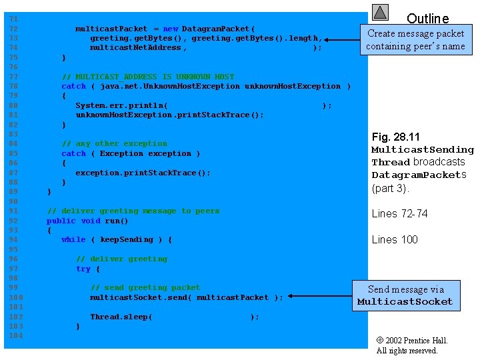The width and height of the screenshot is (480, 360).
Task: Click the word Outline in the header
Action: [427, 19]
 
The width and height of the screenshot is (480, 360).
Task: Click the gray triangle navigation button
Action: [381, 12]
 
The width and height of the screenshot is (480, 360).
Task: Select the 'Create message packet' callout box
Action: [416, 39]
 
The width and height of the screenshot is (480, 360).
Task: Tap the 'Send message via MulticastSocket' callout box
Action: [405, 295]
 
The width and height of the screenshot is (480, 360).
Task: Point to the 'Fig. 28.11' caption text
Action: [396, 137]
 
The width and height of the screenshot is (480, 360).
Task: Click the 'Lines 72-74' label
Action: [400, 213]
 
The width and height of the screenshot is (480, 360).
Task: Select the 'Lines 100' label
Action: [395, 239]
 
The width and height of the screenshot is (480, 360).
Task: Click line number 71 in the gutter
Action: [14, 19]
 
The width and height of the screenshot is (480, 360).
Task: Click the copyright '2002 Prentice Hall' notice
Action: [412, 341]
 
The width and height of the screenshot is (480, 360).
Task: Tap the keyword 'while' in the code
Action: [73, 239]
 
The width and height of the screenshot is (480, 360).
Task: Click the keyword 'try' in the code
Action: [83, 269]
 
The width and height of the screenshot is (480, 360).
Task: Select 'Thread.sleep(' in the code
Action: [121, 317]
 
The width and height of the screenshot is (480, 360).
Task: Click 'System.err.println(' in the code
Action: [121, 105]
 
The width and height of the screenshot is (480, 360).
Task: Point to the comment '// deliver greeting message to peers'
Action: [133, 211]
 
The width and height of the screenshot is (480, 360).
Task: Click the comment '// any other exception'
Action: [114, 143]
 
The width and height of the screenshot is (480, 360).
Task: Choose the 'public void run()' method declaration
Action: [87, 221]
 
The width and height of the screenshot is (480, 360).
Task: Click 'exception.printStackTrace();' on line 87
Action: [143, 173]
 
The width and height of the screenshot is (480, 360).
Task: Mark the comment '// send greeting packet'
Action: [145, 287]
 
